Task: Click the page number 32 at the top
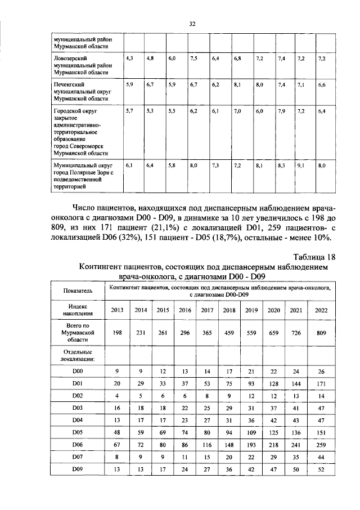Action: (191, 24)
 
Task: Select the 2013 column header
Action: (117, 310)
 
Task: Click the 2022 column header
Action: (321, 310)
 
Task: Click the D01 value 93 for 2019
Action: (251, 383)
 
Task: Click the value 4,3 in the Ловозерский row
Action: (129, 59)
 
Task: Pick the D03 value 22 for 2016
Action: (184, 409)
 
